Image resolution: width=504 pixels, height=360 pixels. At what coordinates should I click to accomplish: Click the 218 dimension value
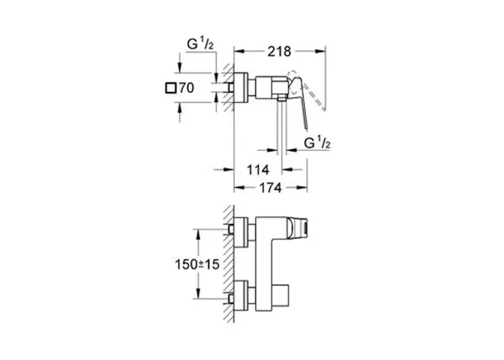pos(279,51)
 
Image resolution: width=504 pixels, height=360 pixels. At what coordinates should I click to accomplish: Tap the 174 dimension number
pos(270,188)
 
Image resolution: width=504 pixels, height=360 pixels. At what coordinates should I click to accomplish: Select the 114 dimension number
pos(258,170)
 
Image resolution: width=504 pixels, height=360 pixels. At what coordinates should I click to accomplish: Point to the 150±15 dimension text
pos(197,264)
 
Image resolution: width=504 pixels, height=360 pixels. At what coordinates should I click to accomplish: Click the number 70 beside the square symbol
pos(186,88)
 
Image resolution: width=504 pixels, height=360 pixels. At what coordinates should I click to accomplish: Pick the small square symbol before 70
pos(171,88)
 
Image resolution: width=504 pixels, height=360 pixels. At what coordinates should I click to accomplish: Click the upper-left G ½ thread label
pos(200,44)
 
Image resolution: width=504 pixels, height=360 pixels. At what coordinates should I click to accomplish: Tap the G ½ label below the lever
pos(318,143)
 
